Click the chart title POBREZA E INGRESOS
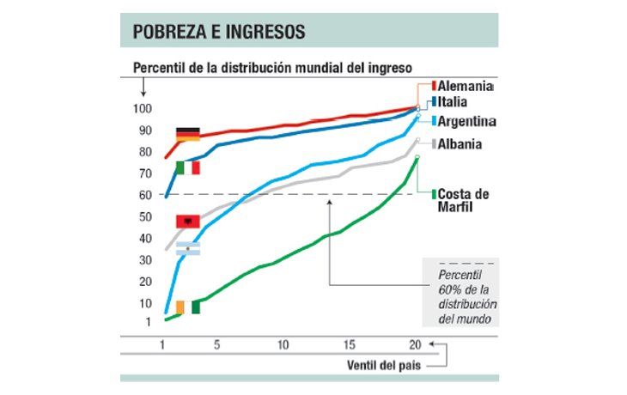coord(219,32)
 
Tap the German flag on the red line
coord(187,134)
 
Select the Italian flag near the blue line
coord(187,167)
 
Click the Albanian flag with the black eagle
coord(187,222)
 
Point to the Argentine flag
coord(187,248)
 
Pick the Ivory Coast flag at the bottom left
coord(187,307)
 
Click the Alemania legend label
coord(465,87)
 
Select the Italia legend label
coord(455,102)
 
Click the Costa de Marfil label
coord(466,200)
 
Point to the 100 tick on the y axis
coord(142,109)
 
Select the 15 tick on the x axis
coord(350,344)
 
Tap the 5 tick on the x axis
coord(216,344)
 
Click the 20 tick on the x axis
coord(415,344)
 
